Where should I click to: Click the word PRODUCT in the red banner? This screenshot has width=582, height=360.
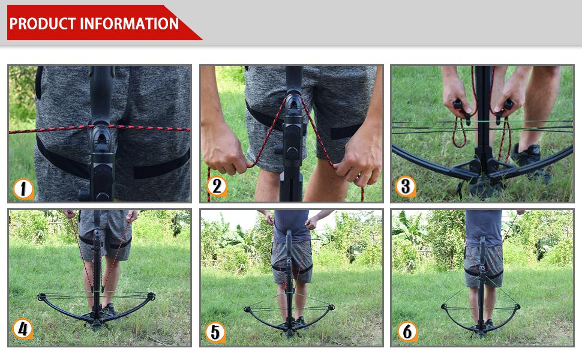point(43,23)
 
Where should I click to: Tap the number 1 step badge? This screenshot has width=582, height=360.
point(23,189)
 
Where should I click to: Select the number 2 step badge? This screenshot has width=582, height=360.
point(216,187)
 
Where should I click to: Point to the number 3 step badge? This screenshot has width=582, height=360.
point(406,187)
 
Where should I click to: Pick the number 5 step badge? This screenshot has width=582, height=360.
point(215,331)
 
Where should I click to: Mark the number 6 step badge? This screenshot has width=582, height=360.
point(407,331)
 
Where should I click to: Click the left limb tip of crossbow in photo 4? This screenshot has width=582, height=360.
point(41,296)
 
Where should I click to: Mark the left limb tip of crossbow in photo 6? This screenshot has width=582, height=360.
point(444,307)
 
